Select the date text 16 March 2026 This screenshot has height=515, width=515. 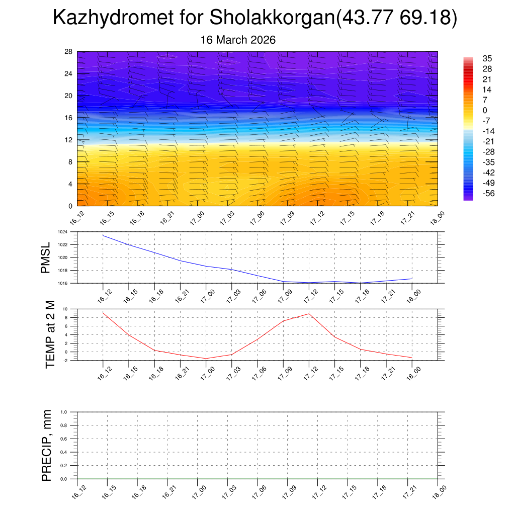[x=238, y=40]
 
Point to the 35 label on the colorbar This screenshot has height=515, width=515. [x=487, y=58]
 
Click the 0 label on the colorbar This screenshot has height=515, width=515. [x=485, y=110]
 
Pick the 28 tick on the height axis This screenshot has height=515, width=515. [x=69, y=52]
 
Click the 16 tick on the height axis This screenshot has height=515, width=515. [x=69, y=118]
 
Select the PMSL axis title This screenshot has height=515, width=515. [x=46, y=257]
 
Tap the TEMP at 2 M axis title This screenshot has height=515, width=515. [x=50, y=334]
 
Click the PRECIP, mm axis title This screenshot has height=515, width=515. [x=47, y=445]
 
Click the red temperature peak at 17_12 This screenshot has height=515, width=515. [x=309, y=314]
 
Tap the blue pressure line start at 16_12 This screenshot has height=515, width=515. [x=103, y=235]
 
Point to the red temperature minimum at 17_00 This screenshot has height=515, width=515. [x=206, y=359]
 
